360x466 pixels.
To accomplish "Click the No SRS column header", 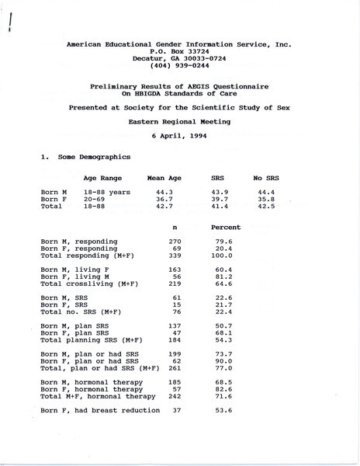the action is click(x=265, y=178).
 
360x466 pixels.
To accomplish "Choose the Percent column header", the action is click(x=226, y=227).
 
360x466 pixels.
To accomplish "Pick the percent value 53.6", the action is click(x=223, y=409).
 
